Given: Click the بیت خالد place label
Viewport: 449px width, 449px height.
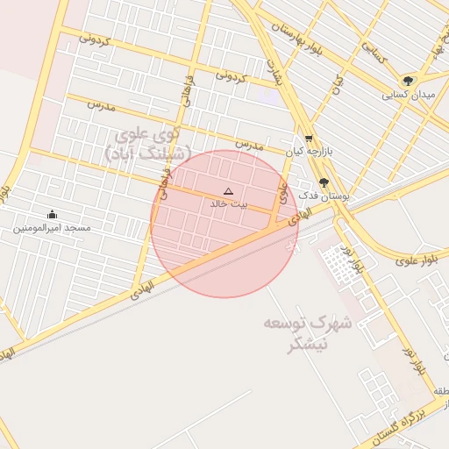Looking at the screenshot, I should [x=229, y=203].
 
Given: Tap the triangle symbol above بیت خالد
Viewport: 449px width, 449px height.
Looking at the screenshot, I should [x=229, y=191].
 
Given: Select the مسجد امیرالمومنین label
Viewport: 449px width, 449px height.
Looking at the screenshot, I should [x=52, y=227].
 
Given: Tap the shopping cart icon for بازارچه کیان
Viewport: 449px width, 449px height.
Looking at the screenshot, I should [x=309, y=139].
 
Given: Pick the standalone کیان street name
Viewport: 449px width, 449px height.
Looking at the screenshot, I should [x=336, y=82].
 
